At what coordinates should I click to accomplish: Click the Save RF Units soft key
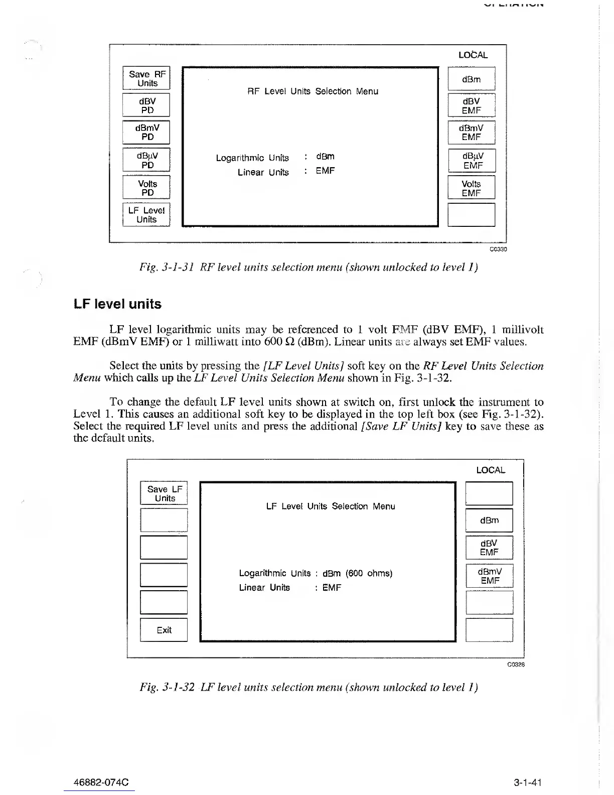click(146, 78)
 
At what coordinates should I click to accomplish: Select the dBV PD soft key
click(146, 105)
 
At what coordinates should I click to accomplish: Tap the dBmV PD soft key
click(146, 132)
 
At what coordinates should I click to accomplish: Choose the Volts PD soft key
click(146, 188)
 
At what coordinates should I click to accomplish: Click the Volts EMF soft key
click(471, 188)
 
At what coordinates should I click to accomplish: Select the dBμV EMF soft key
click(471, 161)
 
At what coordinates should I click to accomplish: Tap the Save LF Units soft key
click(164, 493)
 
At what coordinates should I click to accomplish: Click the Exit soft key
click(164, 630)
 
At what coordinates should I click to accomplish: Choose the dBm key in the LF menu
click(489, 520)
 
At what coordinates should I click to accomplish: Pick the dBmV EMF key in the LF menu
click(489, 576)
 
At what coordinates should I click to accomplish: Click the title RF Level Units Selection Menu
click(313, 91)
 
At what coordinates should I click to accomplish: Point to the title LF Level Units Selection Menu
click(331, 506)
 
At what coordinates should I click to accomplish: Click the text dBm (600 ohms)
click(357, 573)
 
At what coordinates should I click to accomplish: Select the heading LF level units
click(117, 304)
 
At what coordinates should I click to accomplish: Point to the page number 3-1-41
click(528, 782)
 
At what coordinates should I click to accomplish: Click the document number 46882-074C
click(101, 782)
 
